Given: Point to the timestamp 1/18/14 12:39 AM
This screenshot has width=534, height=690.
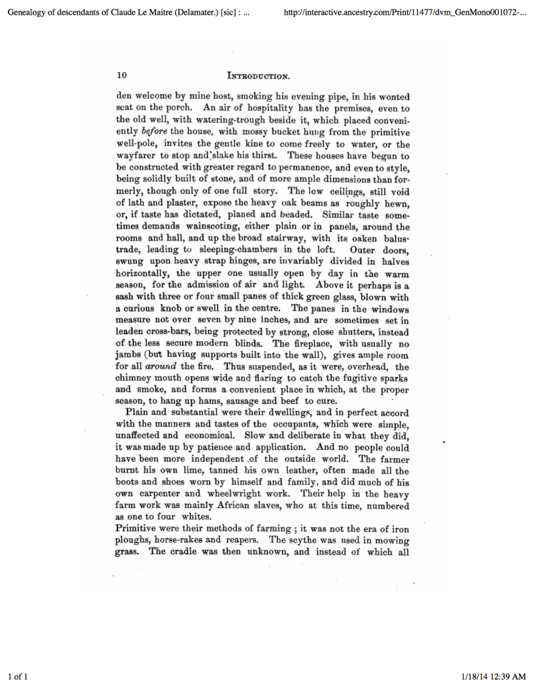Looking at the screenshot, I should coord(494,677).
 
